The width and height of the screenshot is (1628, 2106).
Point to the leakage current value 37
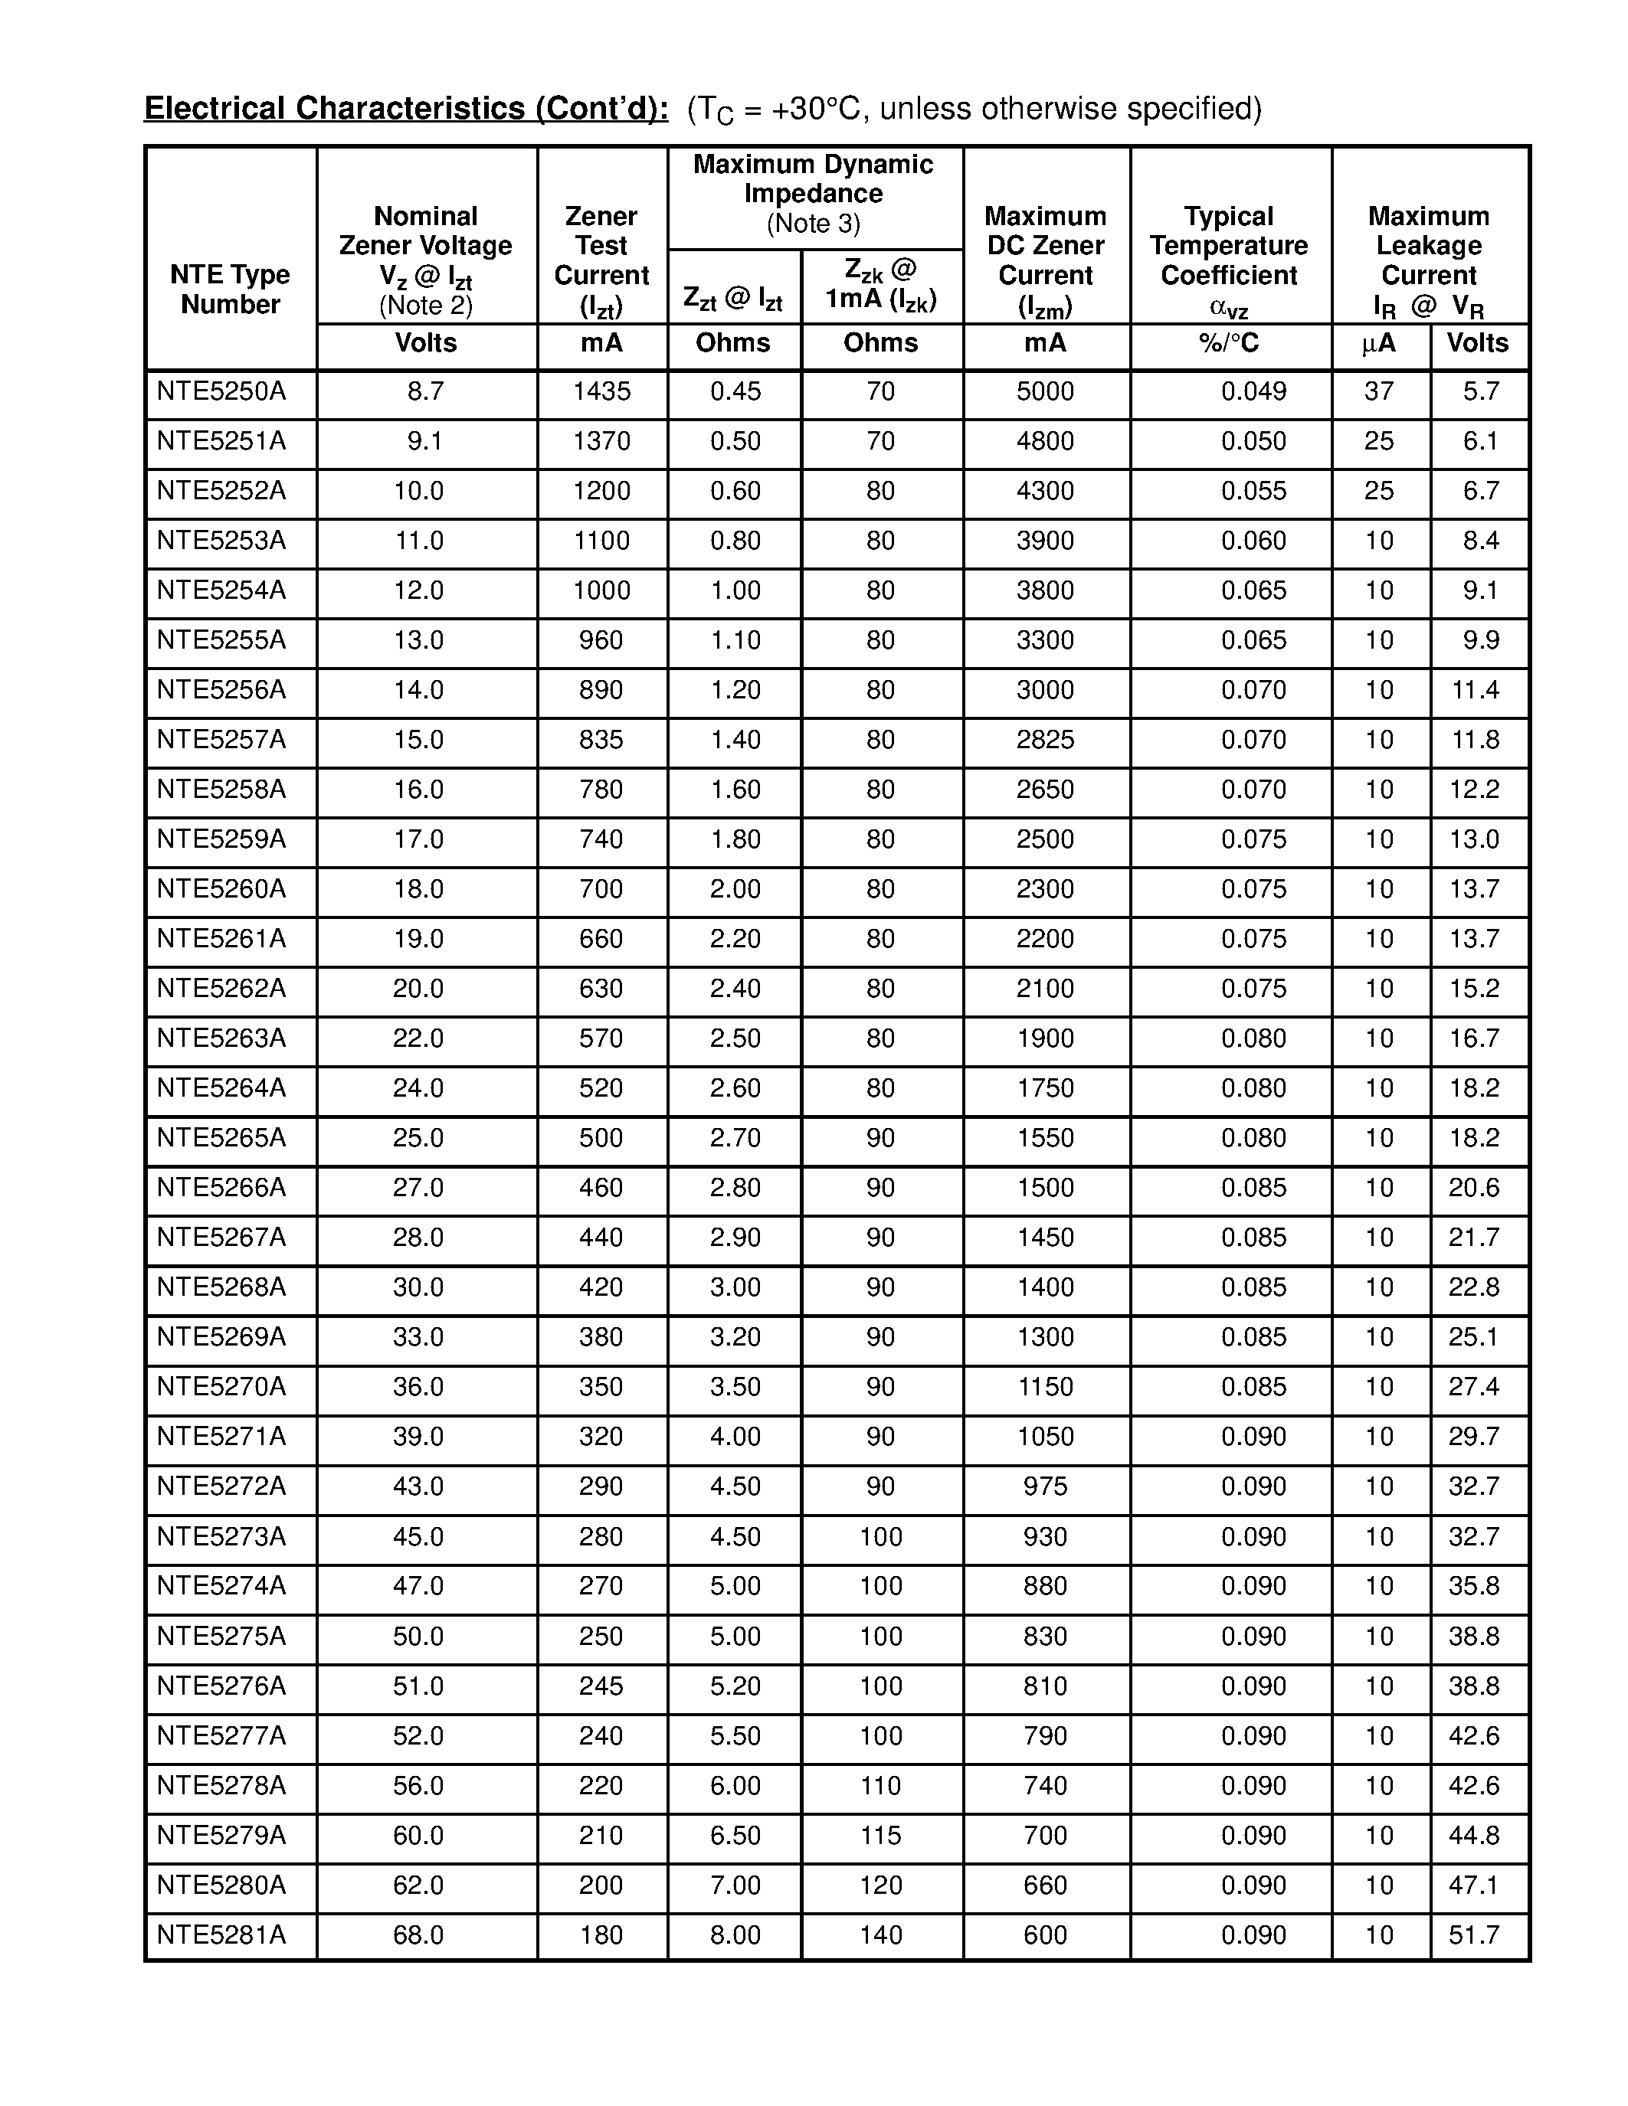[x=1378, y=391]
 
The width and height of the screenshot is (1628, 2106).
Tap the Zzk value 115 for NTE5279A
[x=880, y=1835]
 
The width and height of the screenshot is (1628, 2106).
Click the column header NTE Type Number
[x=230, y=289]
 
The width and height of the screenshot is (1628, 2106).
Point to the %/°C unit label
[x=1229, y=343]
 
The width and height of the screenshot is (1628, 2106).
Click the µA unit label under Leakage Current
[x=1378, y=343]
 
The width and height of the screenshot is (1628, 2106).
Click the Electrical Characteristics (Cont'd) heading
[x=406, y=108]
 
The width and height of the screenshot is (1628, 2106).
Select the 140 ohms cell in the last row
[x=880, y=1935]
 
